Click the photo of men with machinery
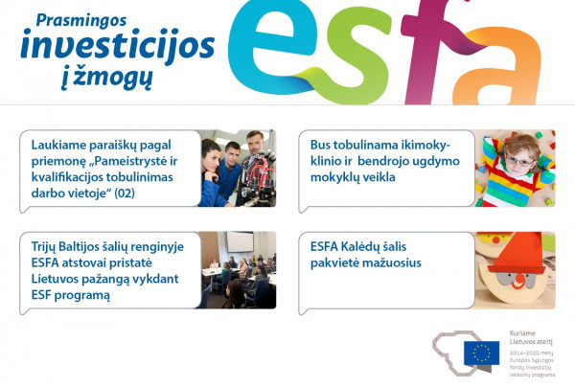click(238, 168)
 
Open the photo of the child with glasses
click(516, 169)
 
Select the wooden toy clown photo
click(516, 271)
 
